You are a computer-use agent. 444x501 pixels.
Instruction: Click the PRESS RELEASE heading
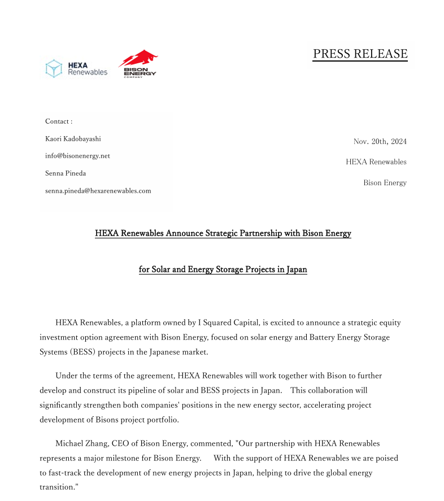(x=360, y=54)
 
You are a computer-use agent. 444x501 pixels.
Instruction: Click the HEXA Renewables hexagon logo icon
(x=54, y=68)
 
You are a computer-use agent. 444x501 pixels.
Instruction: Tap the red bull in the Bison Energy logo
(x=139, y=58)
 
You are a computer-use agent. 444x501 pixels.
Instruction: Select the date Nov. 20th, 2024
(x=380, y=141)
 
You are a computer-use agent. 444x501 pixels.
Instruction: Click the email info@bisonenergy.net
(x=77, y=156)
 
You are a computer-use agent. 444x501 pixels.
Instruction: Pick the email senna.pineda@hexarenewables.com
(x=98, y=191)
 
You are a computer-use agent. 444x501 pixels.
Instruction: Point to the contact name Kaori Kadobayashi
(x=73, y=139)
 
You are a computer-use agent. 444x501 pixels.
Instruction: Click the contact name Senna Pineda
(x=66, y=173)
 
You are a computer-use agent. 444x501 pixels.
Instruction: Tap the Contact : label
(x=59, y=121)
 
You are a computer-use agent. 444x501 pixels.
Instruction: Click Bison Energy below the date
(x=385, y=182)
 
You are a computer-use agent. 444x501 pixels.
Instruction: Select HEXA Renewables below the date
(x=376, y=162)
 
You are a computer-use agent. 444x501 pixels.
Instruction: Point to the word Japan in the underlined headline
(x=296, y=269)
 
